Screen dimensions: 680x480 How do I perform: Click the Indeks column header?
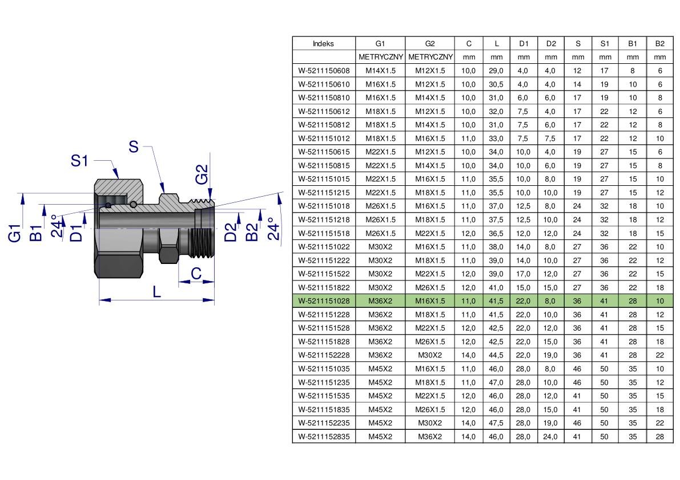324,43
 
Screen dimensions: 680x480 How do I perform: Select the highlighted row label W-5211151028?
324,301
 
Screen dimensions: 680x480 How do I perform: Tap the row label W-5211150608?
324,71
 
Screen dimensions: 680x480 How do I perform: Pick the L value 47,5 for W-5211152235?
496,423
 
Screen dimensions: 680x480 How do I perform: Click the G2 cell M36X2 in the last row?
430,436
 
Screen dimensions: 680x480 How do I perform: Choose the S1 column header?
605,43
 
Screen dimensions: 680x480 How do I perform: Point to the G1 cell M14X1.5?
380,71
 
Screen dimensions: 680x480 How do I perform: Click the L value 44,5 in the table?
496,355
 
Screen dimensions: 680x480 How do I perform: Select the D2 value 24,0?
550,436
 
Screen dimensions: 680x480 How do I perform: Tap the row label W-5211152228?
324,355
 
